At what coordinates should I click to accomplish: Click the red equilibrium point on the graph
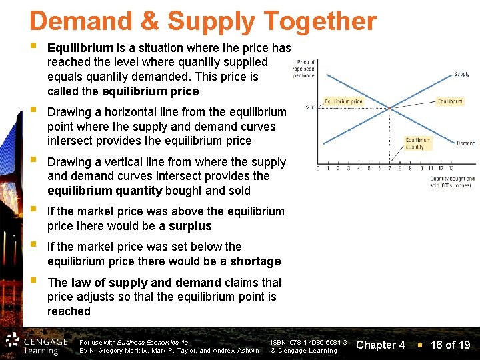[x=390, y=109]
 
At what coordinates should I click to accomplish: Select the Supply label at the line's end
[x=461, y=74]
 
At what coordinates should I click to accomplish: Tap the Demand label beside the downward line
[x=466, y=143]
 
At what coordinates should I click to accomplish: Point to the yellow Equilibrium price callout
[x=343, y=102]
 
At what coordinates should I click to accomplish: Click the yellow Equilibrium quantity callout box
[x=418, y=143]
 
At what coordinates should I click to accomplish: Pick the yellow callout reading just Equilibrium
[x=450, y=102]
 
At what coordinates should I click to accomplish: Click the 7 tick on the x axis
[x=390, y=168]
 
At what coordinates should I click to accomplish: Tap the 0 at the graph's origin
[x=317, y=168]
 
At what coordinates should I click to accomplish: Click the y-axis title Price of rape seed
[x=306, y=69]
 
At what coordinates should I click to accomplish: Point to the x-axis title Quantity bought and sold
[x=452, y=181]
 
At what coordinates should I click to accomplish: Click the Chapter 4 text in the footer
[x=381, y=345]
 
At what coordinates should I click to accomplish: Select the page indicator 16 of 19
[x=450, y=345]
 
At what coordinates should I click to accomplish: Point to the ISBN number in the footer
[x=308, y=341]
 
